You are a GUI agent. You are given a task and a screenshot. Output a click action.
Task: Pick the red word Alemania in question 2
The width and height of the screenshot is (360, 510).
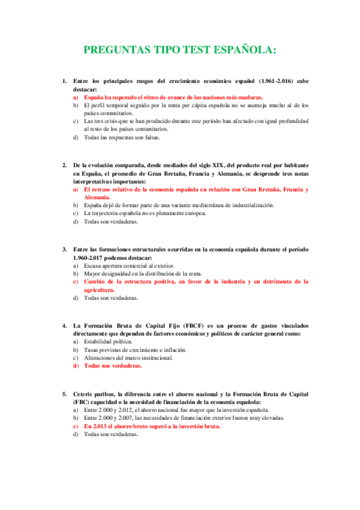[x=97, y=197]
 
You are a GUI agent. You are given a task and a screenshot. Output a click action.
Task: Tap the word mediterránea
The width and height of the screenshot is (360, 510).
[x=194, y=205]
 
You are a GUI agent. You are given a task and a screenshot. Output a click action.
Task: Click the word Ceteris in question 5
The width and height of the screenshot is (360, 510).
[x=85, y=394]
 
